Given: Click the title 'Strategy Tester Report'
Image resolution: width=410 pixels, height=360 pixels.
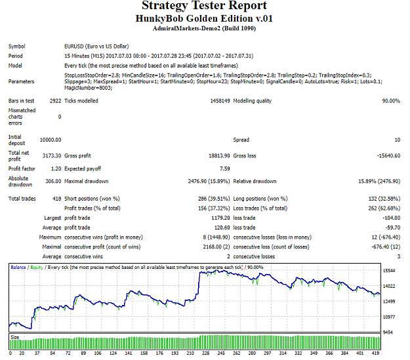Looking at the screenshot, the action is point(204,5).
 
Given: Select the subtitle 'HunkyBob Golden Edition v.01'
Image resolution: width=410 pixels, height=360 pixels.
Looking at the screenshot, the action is point(204,18).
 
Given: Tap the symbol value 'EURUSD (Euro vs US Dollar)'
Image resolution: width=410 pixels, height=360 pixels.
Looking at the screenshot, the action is point(96,47).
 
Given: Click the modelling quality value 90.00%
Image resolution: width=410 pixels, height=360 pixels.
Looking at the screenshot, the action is point(391,101).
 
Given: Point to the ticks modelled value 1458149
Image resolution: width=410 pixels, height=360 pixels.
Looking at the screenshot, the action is point(220,101).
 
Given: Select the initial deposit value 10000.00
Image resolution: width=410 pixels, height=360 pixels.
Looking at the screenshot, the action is point(51,140).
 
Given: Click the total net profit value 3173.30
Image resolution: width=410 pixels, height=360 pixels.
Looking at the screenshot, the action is point(52,156).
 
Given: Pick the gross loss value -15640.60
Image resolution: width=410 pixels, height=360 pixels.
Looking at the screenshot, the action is point(388,156).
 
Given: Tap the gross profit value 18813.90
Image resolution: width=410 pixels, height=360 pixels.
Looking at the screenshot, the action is point(219,156).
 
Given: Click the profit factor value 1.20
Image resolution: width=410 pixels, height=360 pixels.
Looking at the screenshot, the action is point(56,169).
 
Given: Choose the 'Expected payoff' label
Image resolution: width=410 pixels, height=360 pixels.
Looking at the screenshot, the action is point(83,169).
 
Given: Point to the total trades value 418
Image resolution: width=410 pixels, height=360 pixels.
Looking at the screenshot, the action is point(56,199).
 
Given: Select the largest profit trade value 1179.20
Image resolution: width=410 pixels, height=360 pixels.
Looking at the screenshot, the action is point(220,218).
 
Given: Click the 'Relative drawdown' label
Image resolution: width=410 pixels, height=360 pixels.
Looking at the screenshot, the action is point(255,182).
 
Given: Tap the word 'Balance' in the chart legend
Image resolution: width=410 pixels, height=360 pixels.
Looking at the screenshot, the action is point(18,267).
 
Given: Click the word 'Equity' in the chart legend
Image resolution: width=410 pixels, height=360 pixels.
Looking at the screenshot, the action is point(37,268).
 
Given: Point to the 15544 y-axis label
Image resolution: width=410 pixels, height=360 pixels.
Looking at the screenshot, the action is point(389,271).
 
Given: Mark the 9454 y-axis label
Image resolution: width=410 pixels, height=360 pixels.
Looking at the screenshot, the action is point(388,332).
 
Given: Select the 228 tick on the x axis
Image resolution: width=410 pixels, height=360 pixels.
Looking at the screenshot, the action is point(205,353).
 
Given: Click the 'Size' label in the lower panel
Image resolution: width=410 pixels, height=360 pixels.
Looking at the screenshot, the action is point(15,337).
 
